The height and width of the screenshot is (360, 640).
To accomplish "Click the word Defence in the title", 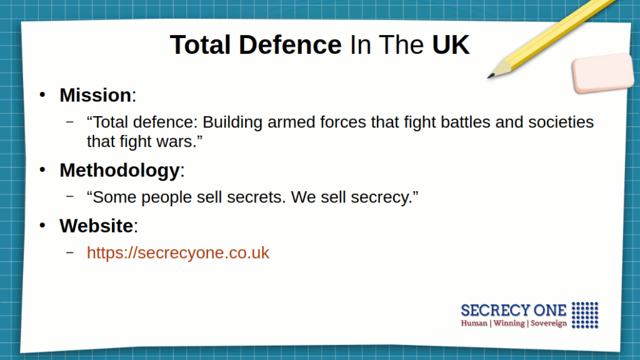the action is click(x=290, y=44).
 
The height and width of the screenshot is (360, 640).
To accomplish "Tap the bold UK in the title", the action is click(x=451, y=44).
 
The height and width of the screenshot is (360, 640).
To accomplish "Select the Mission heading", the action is click(x=96, y=95).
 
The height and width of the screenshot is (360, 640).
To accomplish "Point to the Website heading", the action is click(x=96, y=226).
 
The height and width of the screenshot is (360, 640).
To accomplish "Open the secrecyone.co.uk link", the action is click(x=178, y=252).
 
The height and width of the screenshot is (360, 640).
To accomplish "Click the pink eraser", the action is click(x=603, y=72).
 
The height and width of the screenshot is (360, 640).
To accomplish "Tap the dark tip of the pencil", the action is click(x=490, y=76).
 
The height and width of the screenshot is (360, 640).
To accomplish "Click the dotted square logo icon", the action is click(x=585, y=315).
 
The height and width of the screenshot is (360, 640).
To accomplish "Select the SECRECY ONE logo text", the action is click(x=514, y=311).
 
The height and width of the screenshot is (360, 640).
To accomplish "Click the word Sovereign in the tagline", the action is click(x=549, y=323).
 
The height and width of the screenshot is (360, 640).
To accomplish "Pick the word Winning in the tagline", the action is click(x=509, y=323).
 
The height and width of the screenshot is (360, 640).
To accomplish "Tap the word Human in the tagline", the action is click(x=474, y=323).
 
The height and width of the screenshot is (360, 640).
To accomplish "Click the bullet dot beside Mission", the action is click(x=42, y=95).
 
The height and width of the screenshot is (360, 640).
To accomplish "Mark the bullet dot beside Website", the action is click(x=42, y=226).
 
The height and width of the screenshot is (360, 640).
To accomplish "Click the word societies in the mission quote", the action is click(x=561, y=122).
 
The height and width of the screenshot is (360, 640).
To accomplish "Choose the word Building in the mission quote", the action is click(x=232, y=122).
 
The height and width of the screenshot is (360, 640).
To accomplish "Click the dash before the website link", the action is click(x=70, y=252).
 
